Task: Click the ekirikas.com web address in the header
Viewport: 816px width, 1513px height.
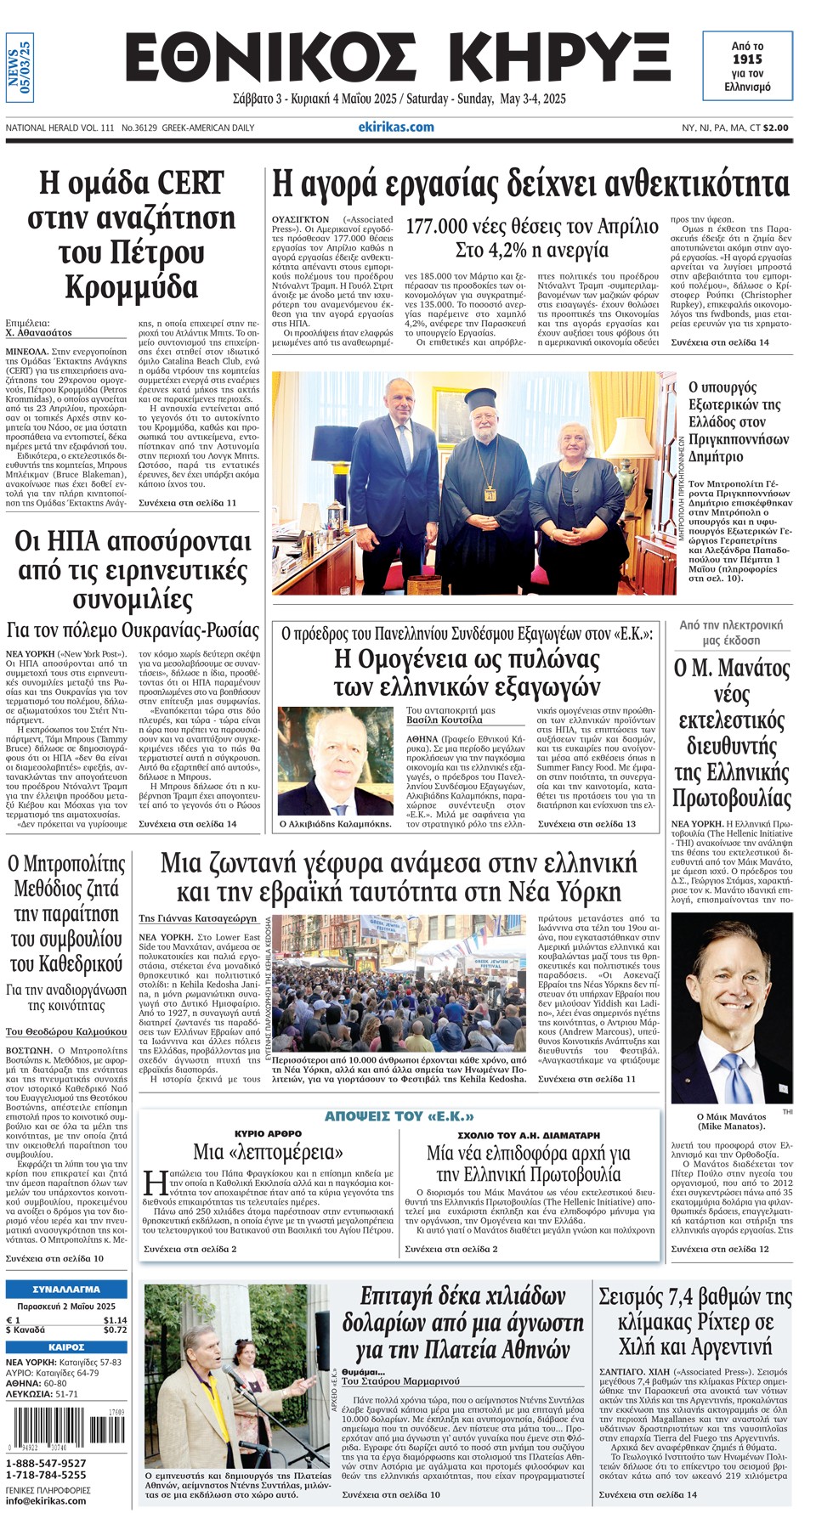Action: point(396,127)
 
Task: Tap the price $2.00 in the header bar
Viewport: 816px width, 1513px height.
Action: point(775,128)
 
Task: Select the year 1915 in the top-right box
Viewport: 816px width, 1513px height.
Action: point(747,59)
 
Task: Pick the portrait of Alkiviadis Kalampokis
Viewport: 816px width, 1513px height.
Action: point(335,760)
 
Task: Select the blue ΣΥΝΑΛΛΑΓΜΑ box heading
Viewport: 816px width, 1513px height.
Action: point(66,1289)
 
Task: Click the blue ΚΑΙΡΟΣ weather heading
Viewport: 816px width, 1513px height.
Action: point(66,1347)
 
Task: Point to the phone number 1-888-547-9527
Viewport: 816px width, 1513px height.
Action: point(47,1464)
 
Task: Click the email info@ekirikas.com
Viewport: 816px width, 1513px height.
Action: point(47,1500)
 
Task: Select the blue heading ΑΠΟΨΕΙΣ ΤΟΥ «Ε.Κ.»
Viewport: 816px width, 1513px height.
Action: point(399,1116)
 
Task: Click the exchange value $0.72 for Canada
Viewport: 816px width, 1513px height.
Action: point(115,1330)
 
